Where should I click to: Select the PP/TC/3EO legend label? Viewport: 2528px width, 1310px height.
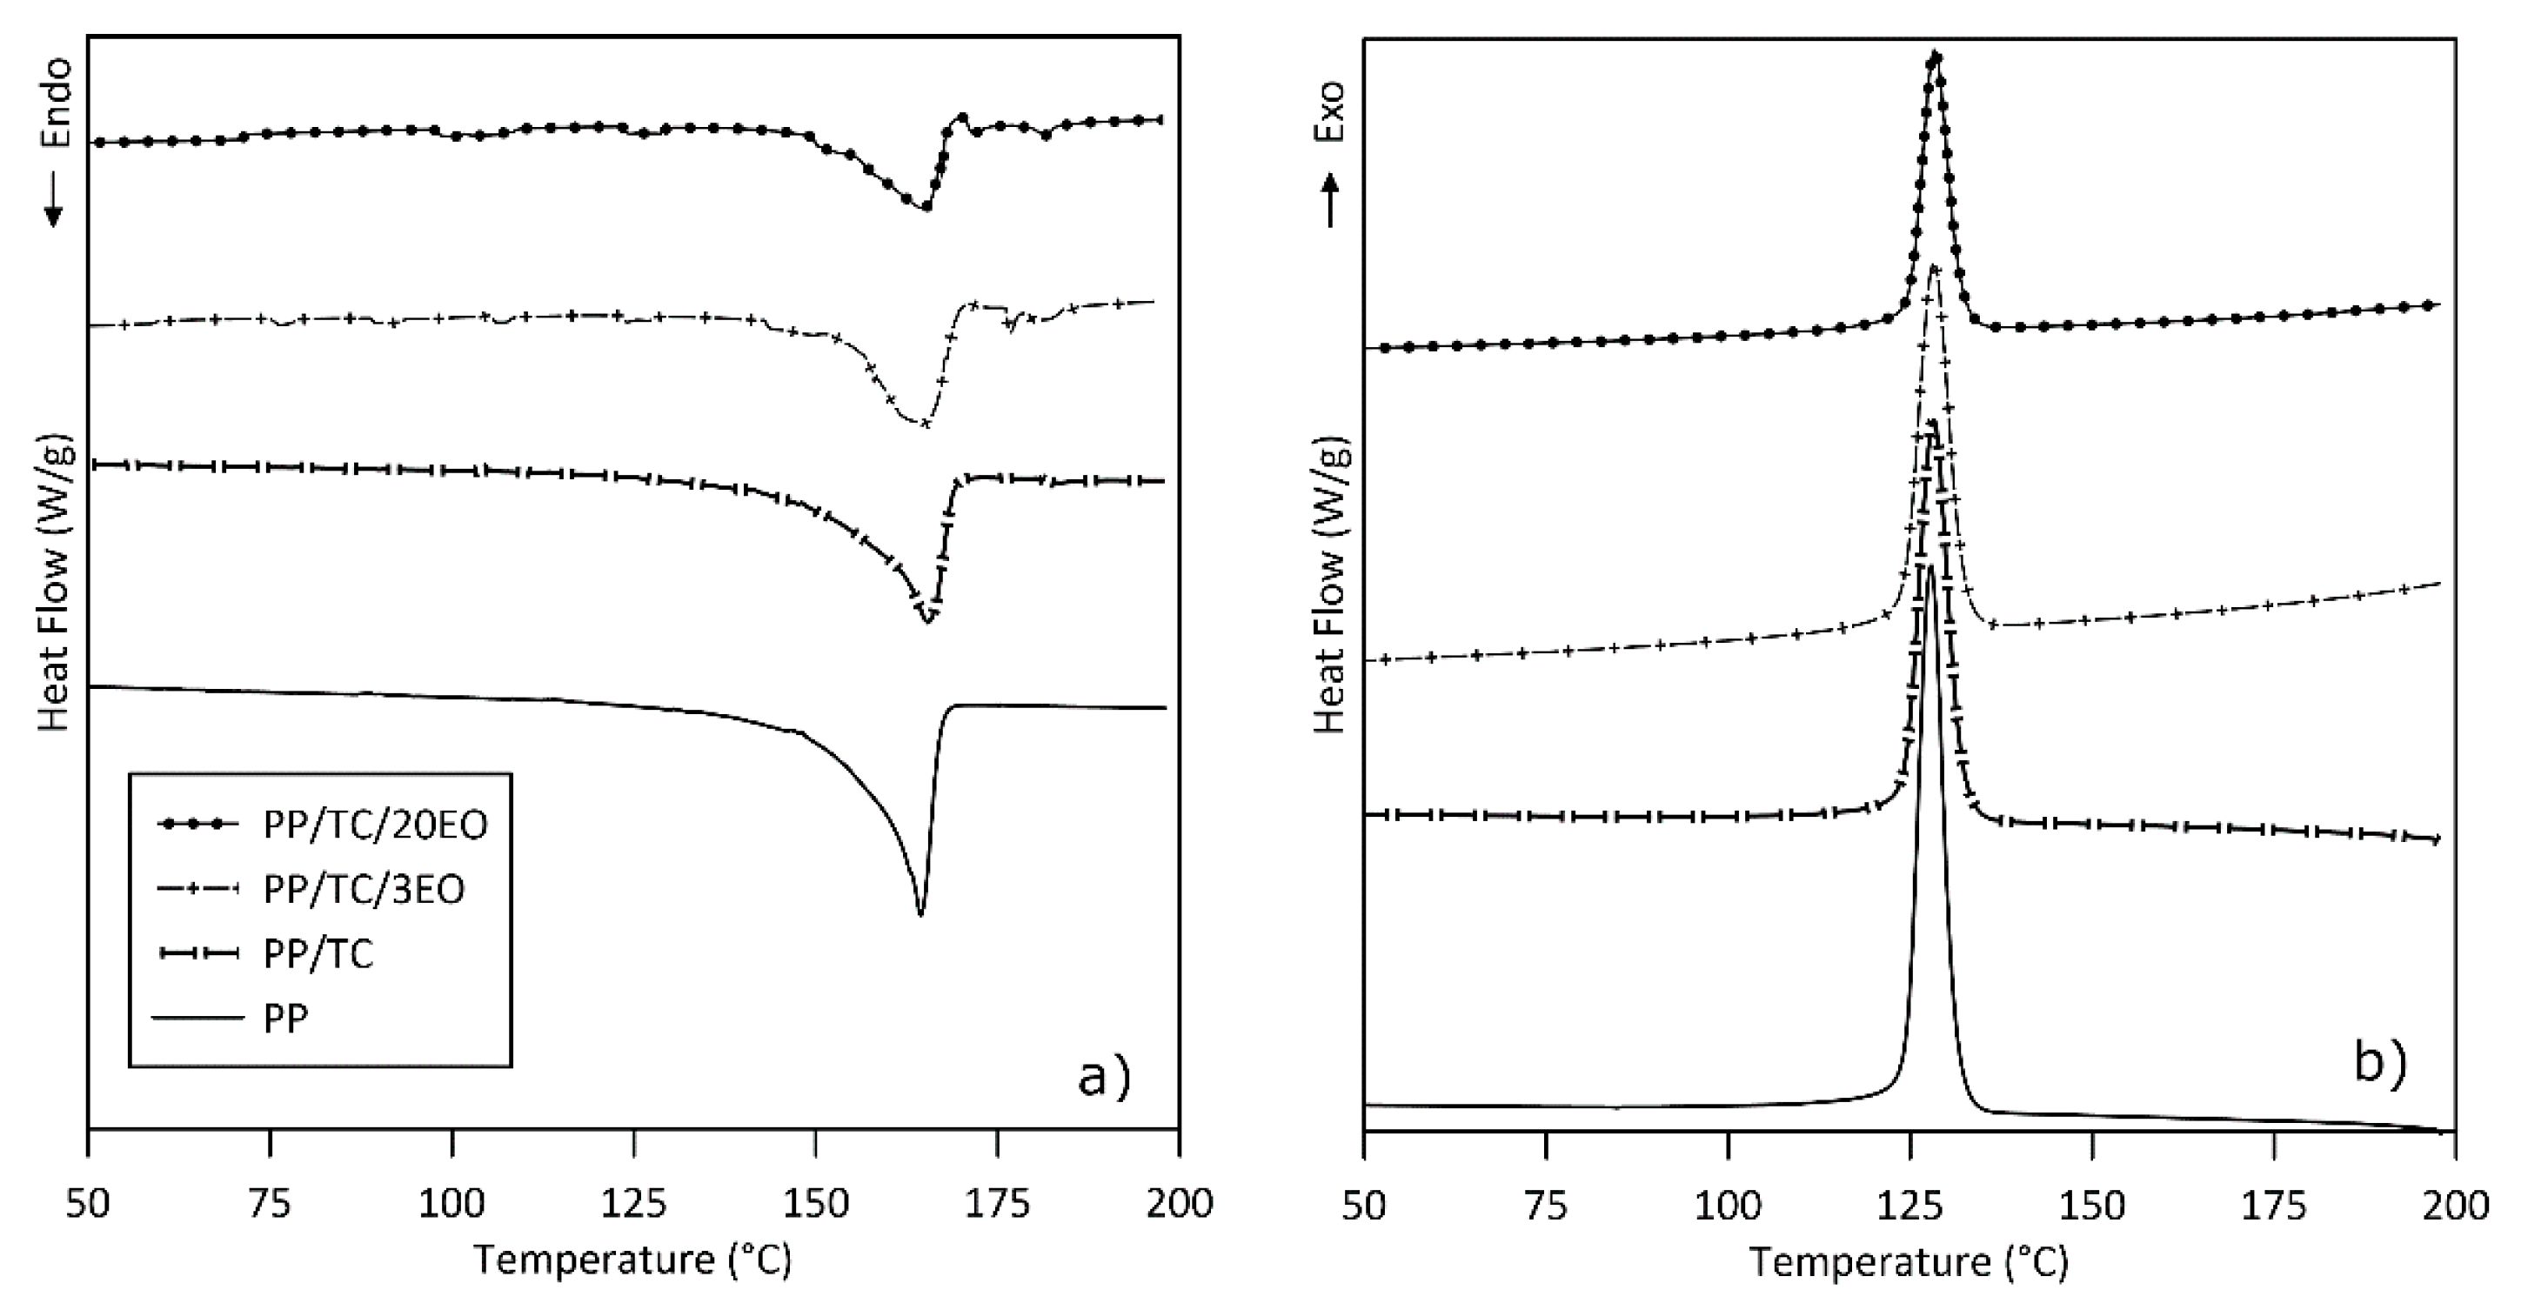pyautogui.click(x=363, y=889)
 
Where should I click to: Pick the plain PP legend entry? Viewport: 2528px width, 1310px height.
pyautogui.click(x=285, y=1019)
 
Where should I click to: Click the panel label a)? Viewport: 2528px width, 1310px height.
pyautogui.click(x=1104, y=1078)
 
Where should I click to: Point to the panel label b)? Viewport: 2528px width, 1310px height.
pyautogui.click(x=2380, y=1064)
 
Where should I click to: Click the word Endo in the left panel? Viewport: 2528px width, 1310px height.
pyautogui.click(x=56, y=102)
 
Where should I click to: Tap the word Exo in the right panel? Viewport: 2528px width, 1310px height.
pyautogui.click(x=1331, y=112)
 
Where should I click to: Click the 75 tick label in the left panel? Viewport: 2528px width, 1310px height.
pyautogui.click(x=270, y=1203)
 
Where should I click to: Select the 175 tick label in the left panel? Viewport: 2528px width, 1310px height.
pyautogui.click(x=997, y=1203)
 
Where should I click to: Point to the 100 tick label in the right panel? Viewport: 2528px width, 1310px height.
pyautogui.click(x=1729, y=1203)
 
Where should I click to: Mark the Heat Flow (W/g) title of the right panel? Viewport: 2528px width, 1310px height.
pyautogui.click(x=1331, y=583)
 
